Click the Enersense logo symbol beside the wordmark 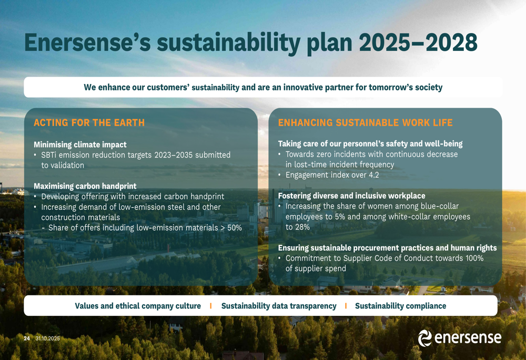click(x=424, y=338)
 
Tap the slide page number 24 click(x=27, y=338)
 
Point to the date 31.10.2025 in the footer click(x=48, y=338)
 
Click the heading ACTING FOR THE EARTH click(x=89, y=122)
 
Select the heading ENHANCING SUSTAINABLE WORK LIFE click(x=366, y=122)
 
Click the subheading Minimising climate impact click(x=80, y=145)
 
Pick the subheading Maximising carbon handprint click(x=85, y=186)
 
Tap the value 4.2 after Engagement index click(x=373, y=175)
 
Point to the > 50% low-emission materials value click(x=231, y=228)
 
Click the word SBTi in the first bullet click(x=49, y=155)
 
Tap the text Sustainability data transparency click(x=279, y=306)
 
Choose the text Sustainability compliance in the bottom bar click(x=400, y=306)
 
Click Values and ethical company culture click(x=138, y=306)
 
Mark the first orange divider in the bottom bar click(x=211, y=306)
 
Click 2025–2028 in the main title click(x=418, y=43)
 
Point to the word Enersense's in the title click(x=87, y=43)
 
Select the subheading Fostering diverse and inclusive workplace click(x=351, y=196)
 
